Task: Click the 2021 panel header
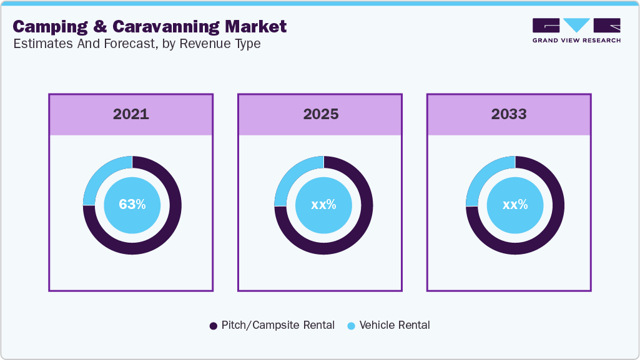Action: pos(131,115)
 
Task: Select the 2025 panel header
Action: pos(320,115)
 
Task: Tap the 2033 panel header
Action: pos(509,115)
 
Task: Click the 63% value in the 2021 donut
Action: pos(132,205)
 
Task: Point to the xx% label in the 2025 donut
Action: pos(323,205)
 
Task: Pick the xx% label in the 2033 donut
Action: pos(515,205)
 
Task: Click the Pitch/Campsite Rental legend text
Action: pos(278,325)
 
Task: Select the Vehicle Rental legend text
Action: pos(395,325)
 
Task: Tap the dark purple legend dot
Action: pos(213,326)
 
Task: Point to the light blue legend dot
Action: pos(351,326)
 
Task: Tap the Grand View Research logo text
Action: pos(576,41)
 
